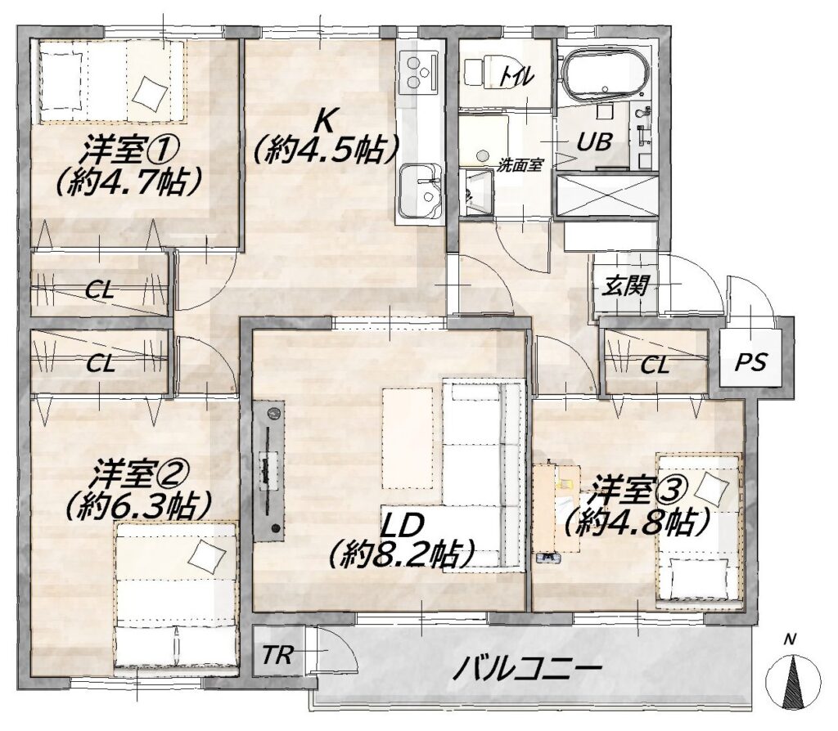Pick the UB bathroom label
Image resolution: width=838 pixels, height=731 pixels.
point(594,141)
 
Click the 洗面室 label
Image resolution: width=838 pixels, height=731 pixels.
point(520,165)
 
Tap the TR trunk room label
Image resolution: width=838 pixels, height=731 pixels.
point(277,655)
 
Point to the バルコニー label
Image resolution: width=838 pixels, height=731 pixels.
point(528,668)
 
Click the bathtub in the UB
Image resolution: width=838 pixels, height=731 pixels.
point(607,70)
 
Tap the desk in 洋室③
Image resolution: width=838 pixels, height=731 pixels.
point(557,508)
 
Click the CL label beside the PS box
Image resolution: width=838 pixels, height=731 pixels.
point(655,365)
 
